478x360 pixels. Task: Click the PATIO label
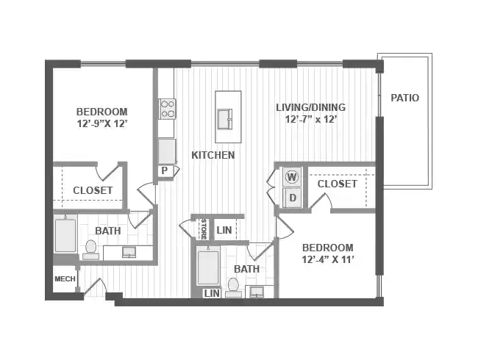405,98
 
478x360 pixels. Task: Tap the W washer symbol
292,177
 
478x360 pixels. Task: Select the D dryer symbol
292,197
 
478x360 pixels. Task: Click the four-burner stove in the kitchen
168,109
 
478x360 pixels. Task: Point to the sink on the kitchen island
225,118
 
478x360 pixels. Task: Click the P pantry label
165,170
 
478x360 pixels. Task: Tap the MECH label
65,279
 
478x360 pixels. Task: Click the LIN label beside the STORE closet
224,231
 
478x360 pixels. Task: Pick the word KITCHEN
213,155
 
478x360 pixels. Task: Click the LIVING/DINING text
310,107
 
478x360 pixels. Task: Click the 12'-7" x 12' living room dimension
310,119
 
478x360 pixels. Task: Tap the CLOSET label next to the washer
337,184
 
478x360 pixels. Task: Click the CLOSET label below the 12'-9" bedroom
93,190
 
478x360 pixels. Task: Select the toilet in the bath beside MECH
91,248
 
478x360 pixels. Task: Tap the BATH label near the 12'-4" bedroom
247,269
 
